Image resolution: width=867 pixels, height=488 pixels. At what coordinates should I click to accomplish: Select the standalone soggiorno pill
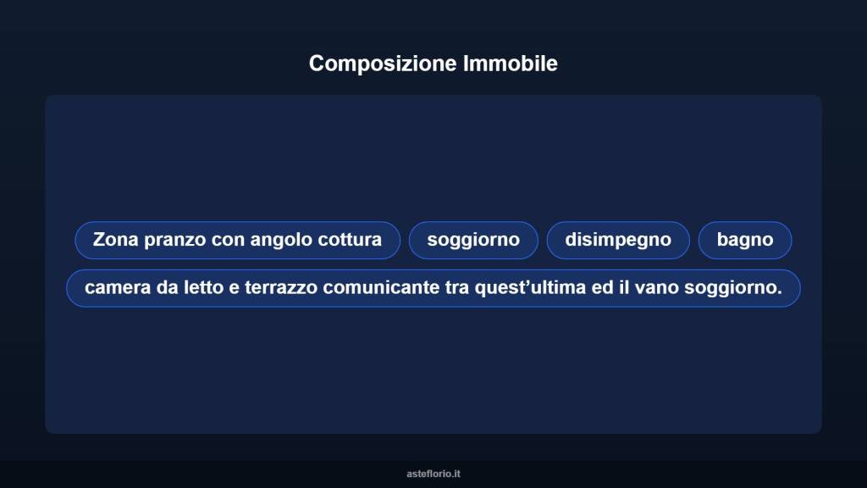click(x=473, y=240)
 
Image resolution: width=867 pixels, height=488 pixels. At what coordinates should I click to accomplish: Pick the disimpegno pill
click(x=618, y=240)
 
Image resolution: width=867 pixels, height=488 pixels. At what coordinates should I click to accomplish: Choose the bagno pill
click(x=745, y=240)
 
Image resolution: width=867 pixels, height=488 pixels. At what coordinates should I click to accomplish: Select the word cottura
click(x=350, y=240)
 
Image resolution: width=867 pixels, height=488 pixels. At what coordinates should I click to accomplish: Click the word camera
click(x=114, y=288)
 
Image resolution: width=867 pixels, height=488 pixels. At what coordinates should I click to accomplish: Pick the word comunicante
click(x=380, y=288)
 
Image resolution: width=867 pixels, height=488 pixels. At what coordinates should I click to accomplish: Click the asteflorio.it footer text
click(x=433, y=474)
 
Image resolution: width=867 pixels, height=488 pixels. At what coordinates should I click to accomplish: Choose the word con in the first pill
click(x=228, y=240)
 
